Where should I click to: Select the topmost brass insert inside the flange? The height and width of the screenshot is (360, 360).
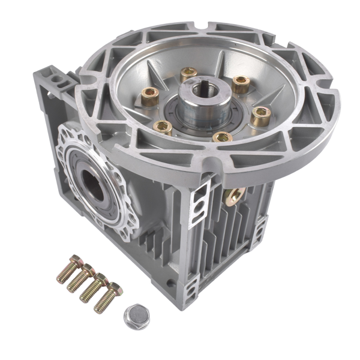190,74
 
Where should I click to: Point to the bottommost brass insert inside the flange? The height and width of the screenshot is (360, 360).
222,138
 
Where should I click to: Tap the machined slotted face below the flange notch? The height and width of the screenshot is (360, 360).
199,204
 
